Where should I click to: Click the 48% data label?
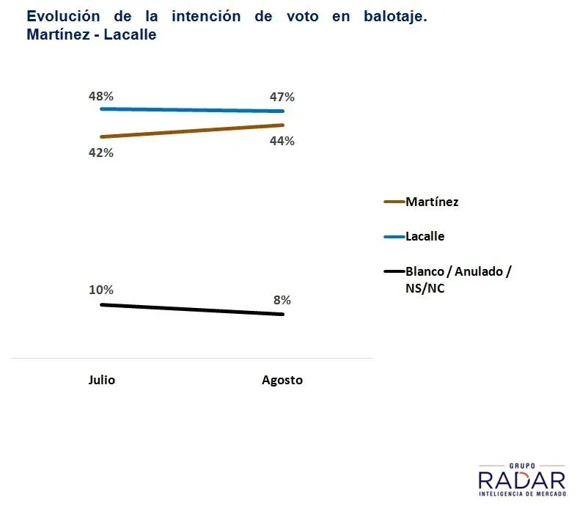101,96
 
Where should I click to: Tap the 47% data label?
282,97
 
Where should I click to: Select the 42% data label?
101,153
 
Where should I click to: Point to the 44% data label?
282,141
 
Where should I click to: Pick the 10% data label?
101,290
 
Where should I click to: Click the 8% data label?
282,299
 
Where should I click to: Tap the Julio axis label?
102,380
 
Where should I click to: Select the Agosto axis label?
282,380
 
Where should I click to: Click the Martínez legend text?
432,202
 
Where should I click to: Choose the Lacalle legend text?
425,236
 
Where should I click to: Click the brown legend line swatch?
394,202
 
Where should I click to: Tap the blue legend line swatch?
394,237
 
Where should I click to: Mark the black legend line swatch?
394,272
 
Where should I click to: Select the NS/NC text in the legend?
425,289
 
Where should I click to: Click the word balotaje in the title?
395,16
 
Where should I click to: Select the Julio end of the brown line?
101,137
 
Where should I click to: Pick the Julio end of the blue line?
101,109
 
